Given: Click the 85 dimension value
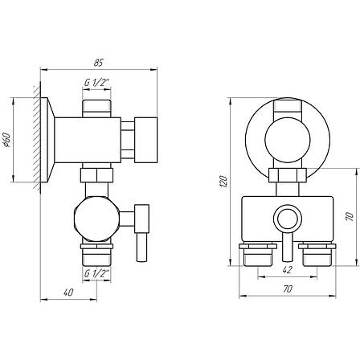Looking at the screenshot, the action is (98, 63).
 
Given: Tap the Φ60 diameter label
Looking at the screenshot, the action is (6, 140).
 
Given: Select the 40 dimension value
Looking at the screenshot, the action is (68, 292).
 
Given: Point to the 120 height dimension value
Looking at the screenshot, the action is (223, 182).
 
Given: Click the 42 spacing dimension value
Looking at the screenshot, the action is (287, 270).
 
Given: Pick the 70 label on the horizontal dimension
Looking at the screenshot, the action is (288, 289).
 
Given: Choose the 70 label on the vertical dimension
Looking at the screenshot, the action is (349, 217).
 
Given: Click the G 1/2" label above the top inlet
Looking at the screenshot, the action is (96, 83).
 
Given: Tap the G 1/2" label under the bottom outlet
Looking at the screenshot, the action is (96, 273).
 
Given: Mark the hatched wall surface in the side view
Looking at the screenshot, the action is (37, 137).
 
